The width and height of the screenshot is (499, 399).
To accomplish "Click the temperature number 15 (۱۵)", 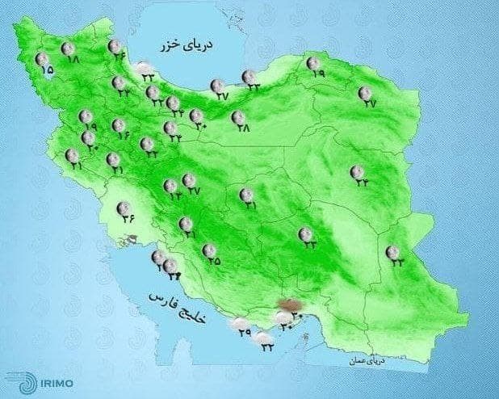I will (x=46, y=71).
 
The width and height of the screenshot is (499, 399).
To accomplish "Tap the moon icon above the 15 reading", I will (x=42, y=58).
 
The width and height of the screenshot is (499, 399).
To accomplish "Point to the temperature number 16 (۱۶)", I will (x=123, y=135).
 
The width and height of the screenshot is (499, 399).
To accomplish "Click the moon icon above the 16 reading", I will (x=118, y=124).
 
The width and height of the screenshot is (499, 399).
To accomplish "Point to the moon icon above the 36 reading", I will (x=123, y=207).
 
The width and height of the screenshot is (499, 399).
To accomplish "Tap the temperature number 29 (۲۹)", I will (x=244, y=334).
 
